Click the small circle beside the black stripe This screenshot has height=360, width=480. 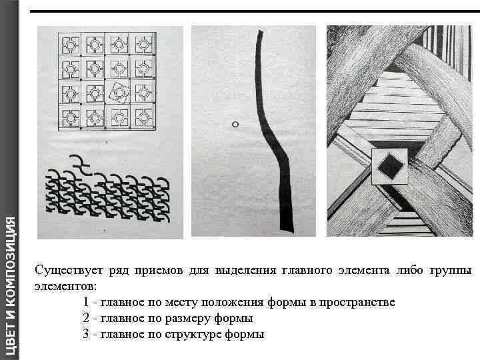click(x=235, y=124)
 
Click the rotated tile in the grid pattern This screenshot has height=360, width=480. click(x=119, y=91)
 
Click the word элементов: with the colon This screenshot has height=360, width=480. click(x=65, y=286)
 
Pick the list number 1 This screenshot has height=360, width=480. click(x=87, y=302)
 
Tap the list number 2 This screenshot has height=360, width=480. click(x=87, y=318)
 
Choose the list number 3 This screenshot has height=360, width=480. click(x=87, y=334)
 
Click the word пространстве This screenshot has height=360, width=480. click(x=357, y=302)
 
